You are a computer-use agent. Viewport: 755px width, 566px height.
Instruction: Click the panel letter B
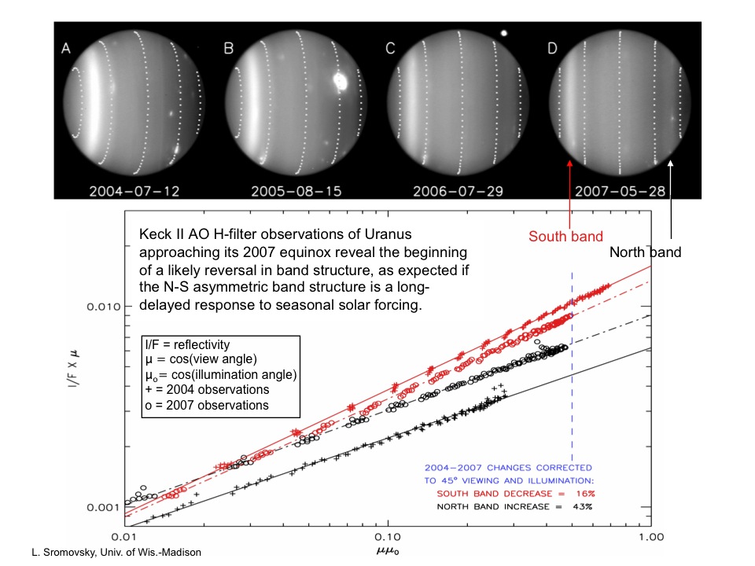(229, 49)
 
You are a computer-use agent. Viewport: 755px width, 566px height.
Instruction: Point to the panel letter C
(390, 49)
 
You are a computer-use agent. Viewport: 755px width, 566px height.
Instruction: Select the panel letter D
(552, 49)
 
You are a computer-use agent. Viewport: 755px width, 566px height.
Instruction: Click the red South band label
(565, 236)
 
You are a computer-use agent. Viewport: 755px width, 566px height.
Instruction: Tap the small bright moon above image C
(503, 34)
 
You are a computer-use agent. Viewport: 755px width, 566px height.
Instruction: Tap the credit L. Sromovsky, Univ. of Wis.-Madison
(106, 553)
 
